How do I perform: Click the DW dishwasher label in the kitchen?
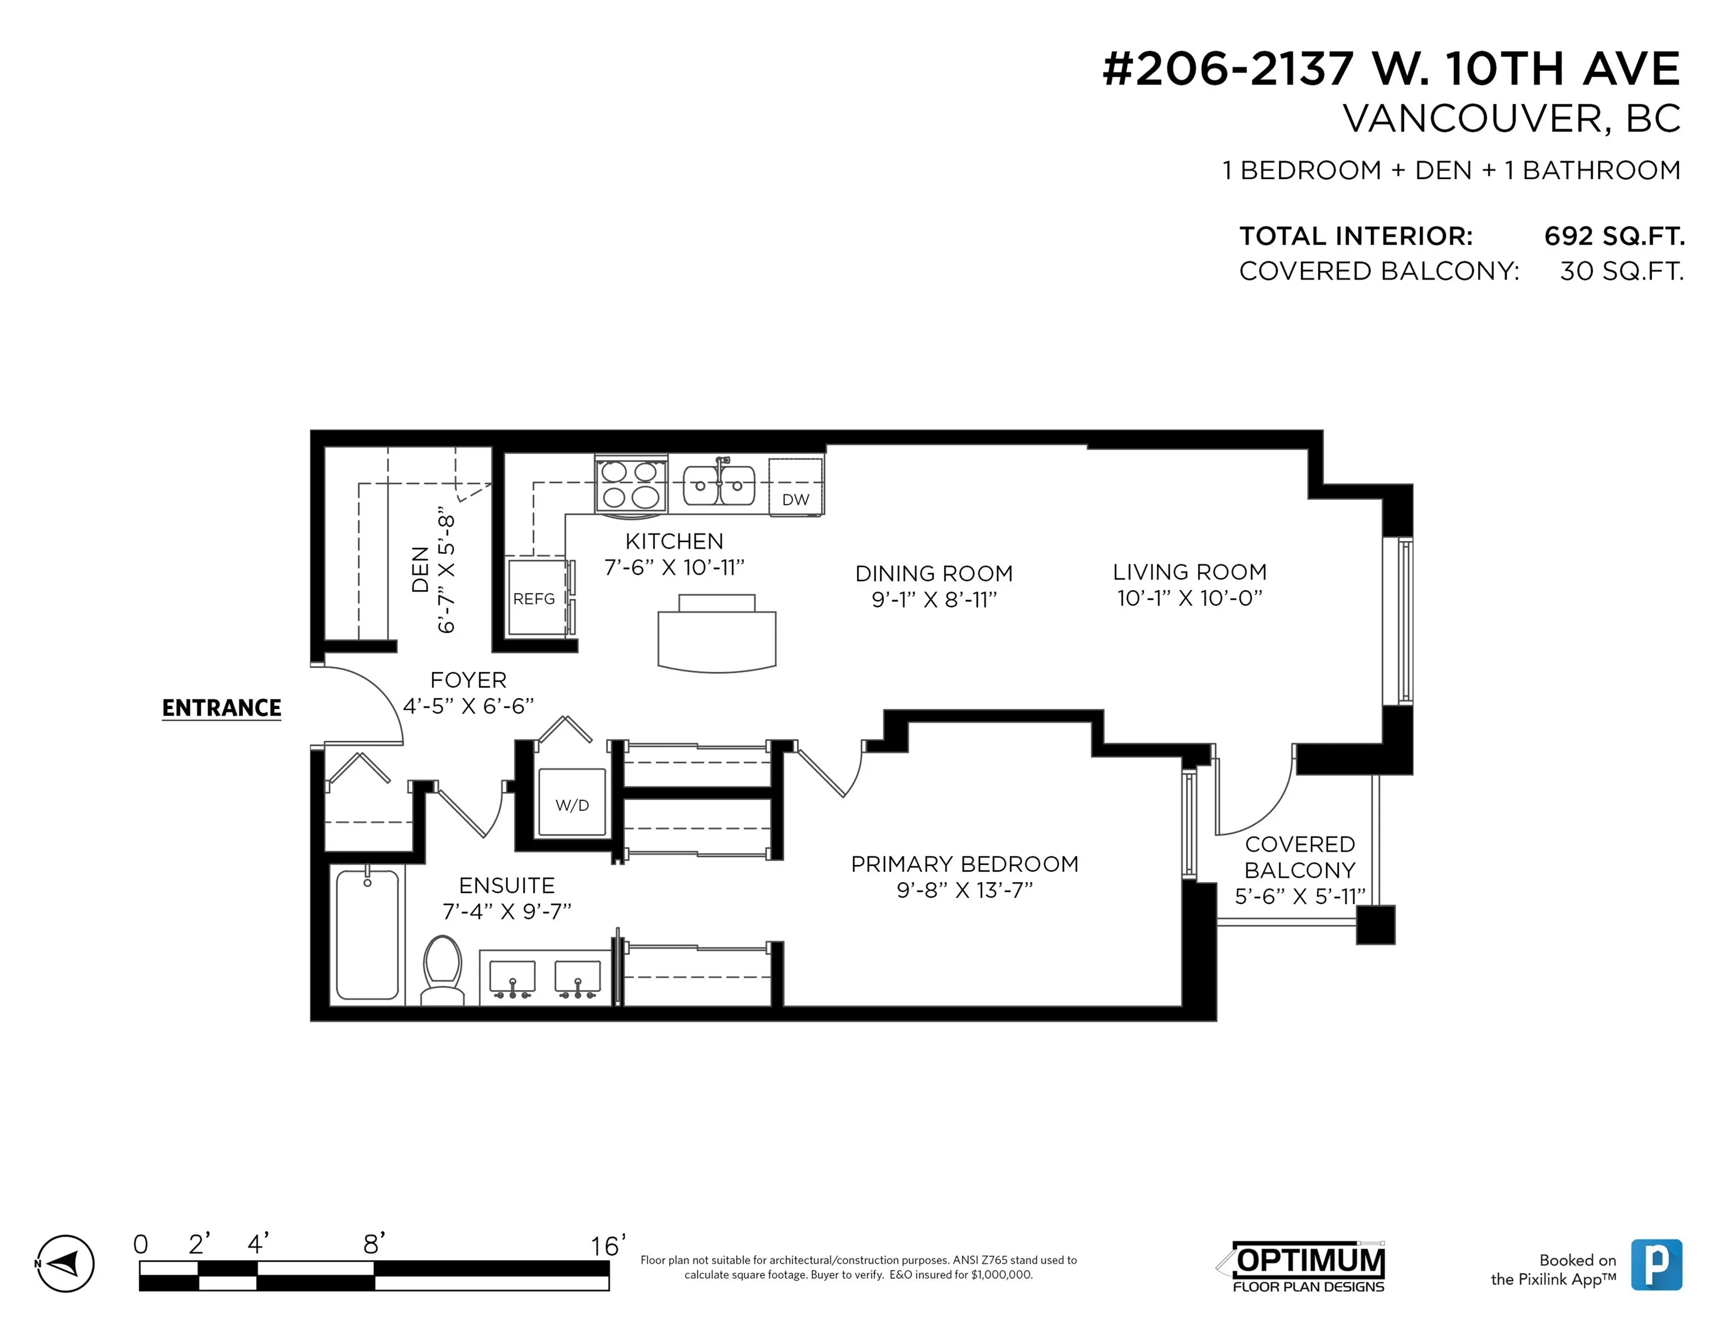(795, 500)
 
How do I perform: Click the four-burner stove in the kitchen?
(631, 484)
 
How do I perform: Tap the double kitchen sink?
(719, 484)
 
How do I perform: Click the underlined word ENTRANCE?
(221, 708)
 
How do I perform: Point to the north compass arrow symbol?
(65, 1263)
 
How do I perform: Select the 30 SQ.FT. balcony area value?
(1621, 271)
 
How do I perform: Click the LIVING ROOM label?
(1189, 572)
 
